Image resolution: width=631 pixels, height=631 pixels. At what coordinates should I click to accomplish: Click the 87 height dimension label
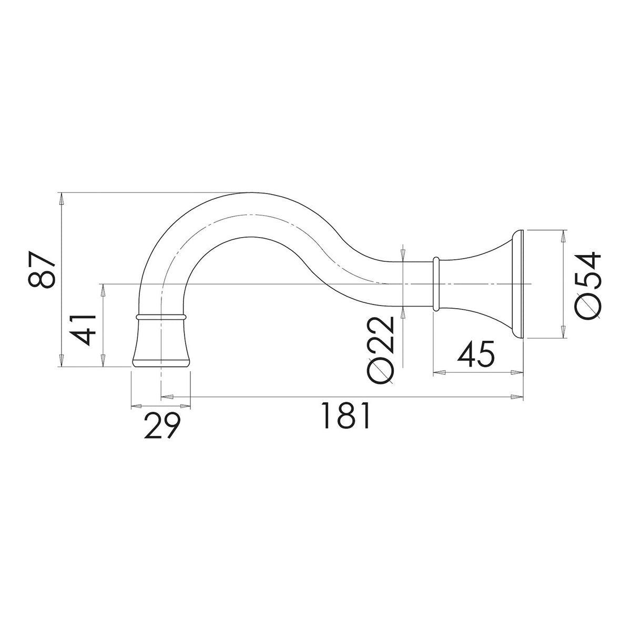pos(41,270)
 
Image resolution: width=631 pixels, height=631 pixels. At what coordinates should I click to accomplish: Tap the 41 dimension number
pos(83,330)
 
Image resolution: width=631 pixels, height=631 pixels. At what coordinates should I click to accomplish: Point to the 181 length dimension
pos(346,415)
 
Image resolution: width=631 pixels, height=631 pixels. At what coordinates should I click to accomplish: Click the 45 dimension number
pos(475,354)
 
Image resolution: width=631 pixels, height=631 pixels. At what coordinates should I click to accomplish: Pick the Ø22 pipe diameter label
pos(380,350)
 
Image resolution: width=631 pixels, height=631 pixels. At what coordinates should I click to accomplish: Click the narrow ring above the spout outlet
pos(161,317)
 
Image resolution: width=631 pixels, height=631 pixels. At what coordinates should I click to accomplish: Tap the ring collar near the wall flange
pos(435,284)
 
